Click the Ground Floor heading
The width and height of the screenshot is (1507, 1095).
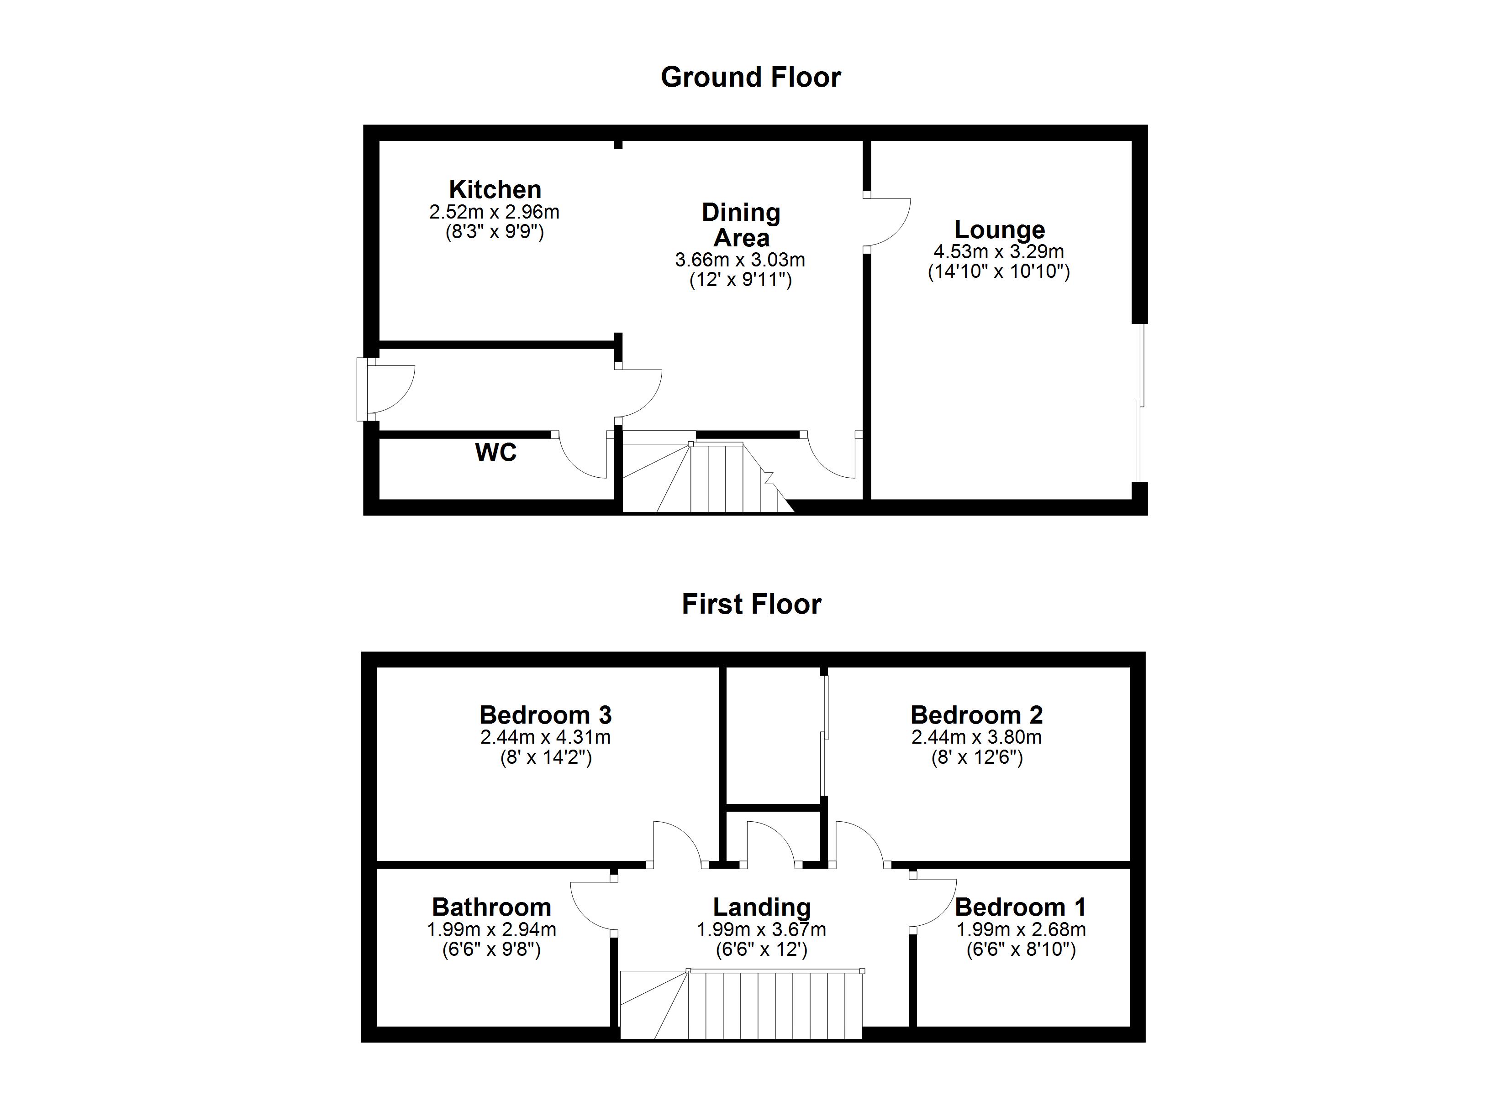click(750, 78)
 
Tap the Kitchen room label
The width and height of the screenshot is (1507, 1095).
click(495, 189)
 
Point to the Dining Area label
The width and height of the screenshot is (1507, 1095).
click(741, 225)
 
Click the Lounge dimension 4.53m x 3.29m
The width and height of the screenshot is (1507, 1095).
click(999, 252)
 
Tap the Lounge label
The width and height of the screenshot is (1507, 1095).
click(999, 230)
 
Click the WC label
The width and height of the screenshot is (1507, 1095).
click(495, 453)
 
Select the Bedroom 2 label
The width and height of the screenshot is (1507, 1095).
click(976, 715)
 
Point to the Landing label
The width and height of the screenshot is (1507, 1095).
click(761, 907)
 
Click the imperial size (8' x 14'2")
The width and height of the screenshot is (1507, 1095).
click(546, 758)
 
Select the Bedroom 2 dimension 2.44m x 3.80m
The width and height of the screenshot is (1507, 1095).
click(976, 737)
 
